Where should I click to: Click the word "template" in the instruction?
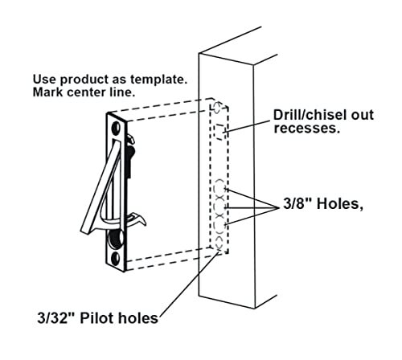[x=158, y=80]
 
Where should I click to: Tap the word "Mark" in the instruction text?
[x=47, y=92]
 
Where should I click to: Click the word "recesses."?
[x=306, y=129]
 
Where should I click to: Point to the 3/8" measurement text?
[x=297, y=203]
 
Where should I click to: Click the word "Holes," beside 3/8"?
[x=340, y=204]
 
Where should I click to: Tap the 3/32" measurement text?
[x=56, y=318]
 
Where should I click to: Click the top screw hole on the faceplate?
[x=116, y=128]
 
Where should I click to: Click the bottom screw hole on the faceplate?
[x=116, y=259]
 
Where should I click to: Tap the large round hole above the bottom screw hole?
[x=116, y=238]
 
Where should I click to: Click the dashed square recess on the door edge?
[x=219, y=132]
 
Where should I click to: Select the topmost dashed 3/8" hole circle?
[x=219, y=186]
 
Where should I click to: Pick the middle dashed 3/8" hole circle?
[x=219, y=207]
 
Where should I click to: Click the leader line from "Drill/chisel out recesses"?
[x=247, y=126]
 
